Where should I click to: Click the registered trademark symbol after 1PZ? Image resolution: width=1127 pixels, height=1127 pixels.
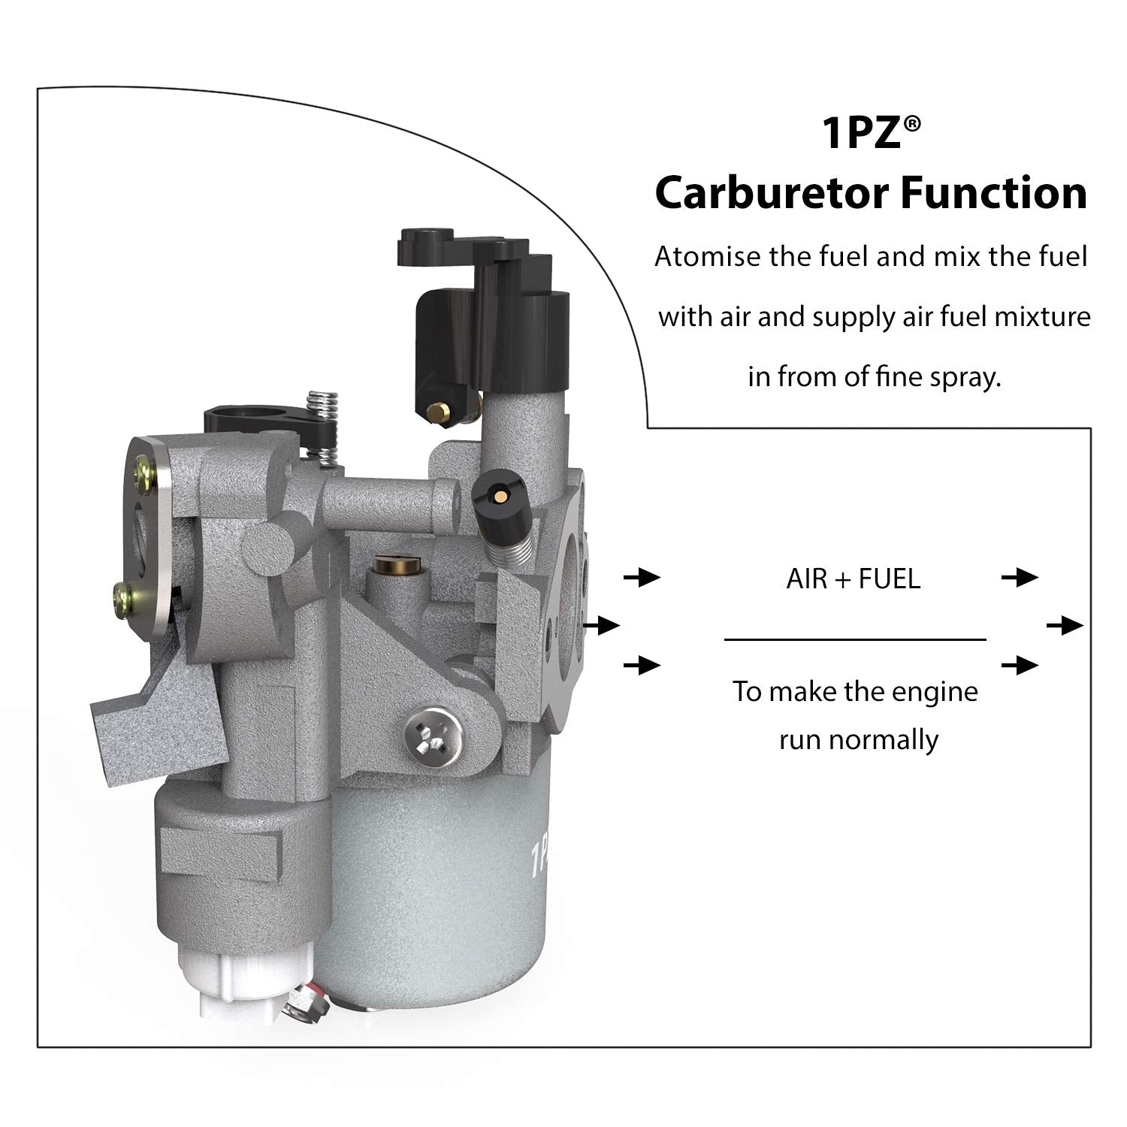911,125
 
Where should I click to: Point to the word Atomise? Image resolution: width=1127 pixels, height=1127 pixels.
707,257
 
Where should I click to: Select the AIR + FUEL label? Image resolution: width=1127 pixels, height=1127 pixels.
853,579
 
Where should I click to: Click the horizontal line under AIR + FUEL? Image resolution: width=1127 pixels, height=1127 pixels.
854,640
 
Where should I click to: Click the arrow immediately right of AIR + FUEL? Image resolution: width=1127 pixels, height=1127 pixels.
1020,578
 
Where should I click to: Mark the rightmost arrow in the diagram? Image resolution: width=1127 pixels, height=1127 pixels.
1065,625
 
